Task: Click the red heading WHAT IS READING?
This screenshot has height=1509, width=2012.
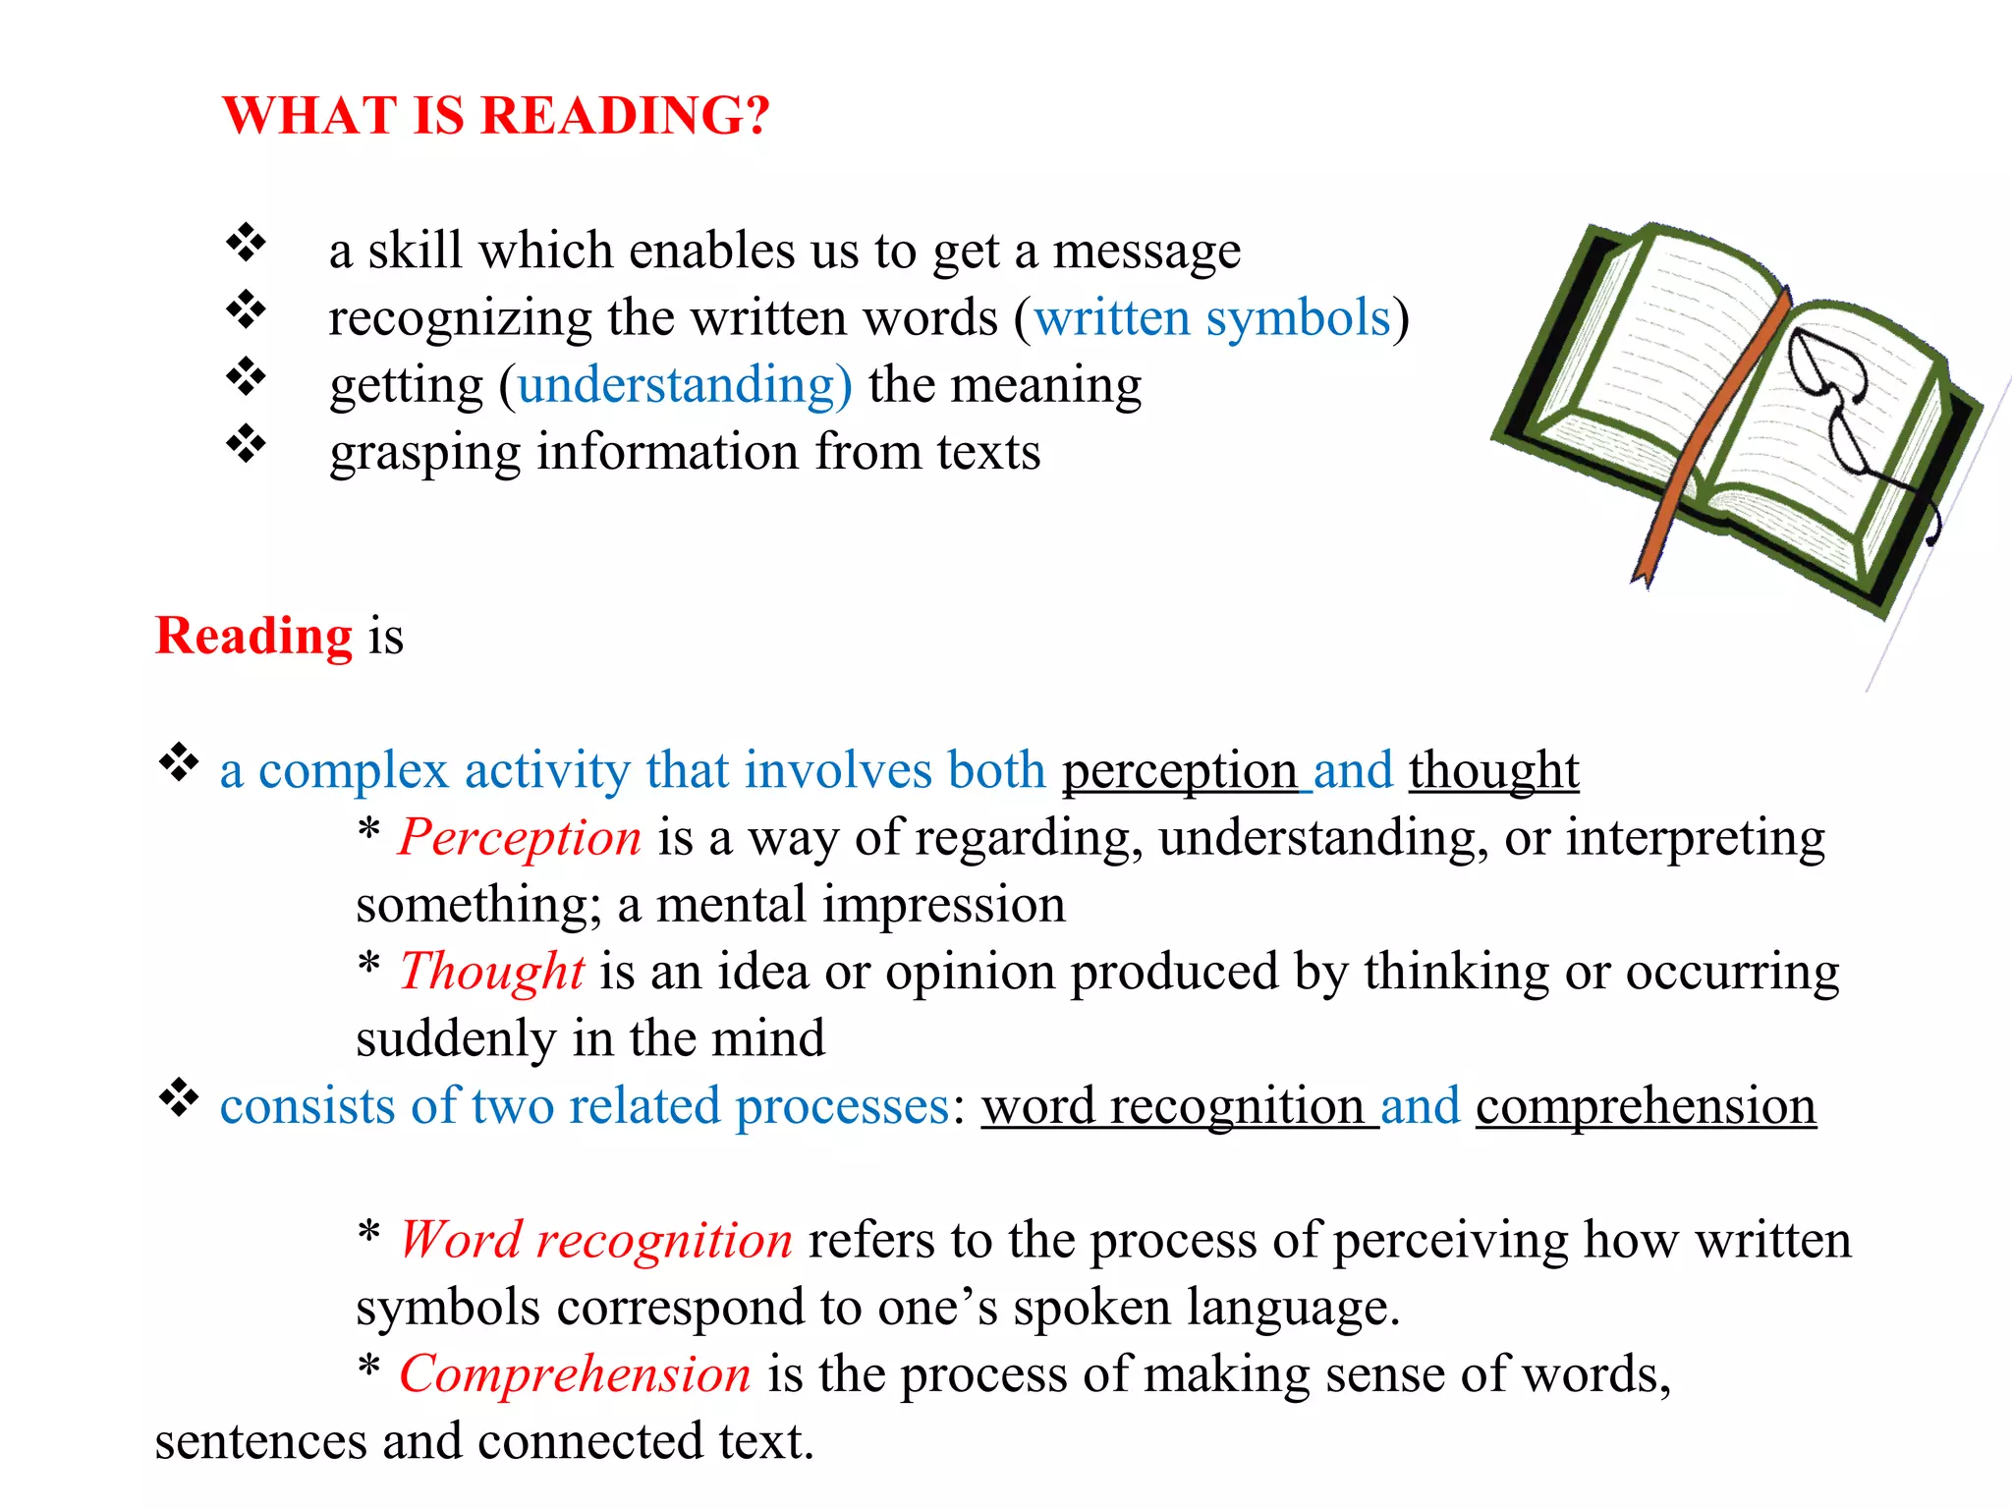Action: point(496,116)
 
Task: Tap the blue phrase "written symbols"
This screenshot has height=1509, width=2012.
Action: point(1212,318)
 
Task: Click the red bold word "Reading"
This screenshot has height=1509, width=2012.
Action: point(253,636)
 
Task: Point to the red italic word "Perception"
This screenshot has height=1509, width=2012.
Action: point(520,838)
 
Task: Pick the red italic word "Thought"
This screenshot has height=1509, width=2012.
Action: point(492,972)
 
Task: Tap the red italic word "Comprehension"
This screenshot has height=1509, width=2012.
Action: point(576,1374)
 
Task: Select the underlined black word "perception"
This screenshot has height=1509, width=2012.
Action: point(1180,770)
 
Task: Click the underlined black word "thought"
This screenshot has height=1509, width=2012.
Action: point(1493,770)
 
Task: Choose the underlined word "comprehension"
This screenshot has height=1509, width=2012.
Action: point(1646,1106)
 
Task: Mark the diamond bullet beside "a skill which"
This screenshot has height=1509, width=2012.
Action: point(247,243)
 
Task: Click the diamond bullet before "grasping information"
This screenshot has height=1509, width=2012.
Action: point(247,444)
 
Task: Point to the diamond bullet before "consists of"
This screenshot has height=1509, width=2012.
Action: point(179,1097)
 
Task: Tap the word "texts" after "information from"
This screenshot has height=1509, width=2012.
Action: point(988,453)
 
